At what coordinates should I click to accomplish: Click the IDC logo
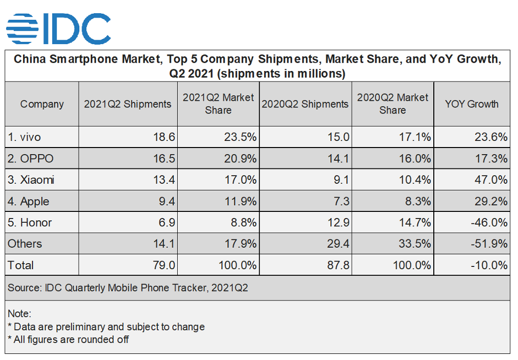pos(58,29)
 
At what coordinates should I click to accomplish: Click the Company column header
pos(42,104)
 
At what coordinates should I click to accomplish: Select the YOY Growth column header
pos(472,104)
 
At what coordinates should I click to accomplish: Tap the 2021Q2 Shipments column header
pos(128,104)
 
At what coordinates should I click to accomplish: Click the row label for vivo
pos(24,137)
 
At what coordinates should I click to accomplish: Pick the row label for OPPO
pos(31,159)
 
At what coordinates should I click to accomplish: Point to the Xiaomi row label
pos(31,180)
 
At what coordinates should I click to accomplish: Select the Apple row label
pos(29,201)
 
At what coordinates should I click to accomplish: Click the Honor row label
pos(30,222)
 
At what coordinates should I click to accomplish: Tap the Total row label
pos(21,265)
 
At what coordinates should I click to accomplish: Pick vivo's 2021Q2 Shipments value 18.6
pos(165,137)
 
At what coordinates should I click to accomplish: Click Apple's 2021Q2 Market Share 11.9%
pos(240,201)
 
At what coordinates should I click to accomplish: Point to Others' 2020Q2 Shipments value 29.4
pos(339,244)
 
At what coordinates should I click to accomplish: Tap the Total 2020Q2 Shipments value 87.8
pos(339,265)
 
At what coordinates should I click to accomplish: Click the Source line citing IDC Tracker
pos(128,288)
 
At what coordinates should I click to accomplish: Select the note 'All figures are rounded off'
pos(68,339)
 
